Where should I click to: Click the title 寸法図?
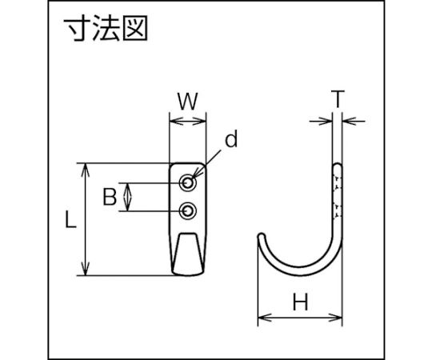tap(106, 28)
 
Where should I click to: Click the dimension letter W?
tap(188, 101)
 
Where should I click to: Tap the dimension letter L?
tap(70, 219)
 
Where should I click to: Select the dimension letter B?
tap(110, 197)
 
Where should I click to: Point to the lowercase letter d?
tap(231, 139)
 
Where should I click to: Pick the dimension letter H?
tap(300, 302)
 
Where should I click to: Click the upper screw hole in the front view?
tap(188, 182)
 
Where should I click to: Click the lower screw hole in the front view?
tap(188, 211)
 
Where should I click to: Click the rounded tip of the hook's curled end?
tap(262, 236)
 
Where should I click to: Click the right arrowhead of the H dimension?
tap(335, 318)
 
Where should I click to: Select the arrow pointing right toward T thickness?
tap(321, 121)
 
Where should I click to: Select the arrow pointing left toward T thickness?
tap(354, 121)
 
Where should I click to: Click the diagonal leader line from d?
tap(206, 165)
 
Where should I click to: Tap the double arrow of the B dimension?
tap(127, 197)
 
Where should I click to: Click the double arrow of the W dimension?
tap(188, 121)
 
